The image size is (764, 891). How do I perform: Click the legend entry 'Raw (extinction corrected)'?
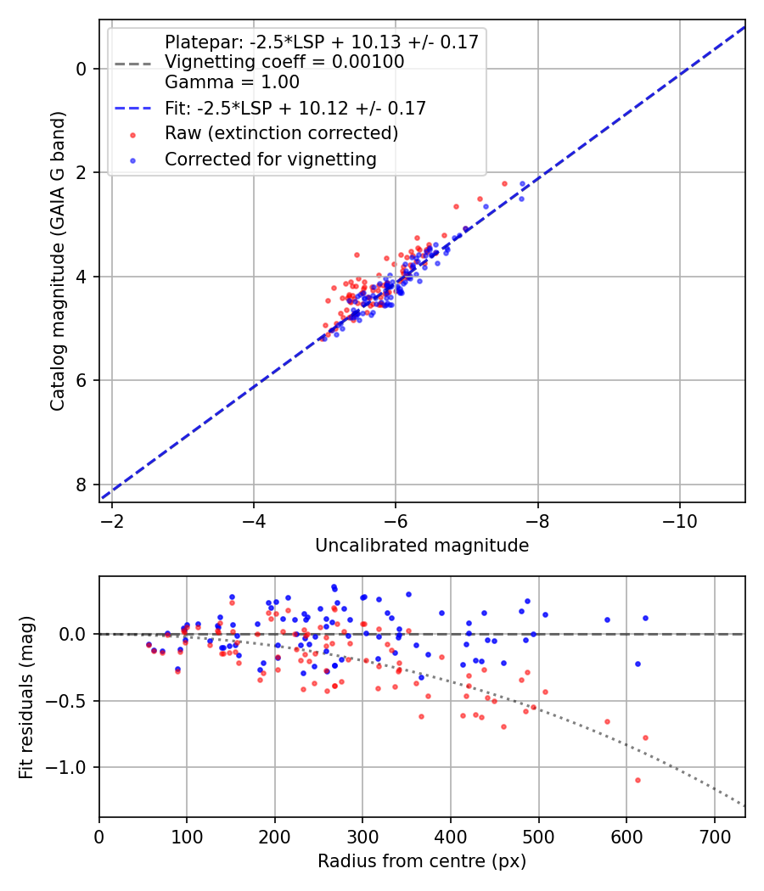point(281,133)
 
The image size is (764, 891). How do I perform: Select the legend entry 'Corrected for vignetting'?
point(271,159)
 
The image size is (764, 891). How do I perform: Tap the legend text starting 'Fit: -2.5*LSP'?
point(295,108)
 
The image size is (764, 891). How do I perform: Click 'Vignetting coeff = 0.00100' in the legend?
point(284,62)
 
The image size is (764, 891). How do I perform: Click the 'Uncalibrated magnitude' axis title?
point(422,546)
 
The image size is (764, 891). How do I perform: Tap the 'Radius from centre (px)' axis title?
point(422,861)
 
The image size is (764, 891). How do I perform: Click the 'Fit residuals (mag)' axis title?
point(26,697)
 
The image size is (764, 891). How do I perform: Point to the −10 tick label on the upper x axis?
point(679,520)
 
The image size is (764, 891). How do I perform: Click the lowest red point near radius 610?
point(638,780)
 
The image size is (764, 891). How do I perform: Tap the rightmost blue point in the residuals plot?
point(645,619)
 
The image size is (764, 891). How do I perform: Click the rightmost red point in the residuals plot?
point(645,737)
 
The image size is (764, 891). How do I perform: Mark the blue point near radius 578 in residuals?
point(607,619)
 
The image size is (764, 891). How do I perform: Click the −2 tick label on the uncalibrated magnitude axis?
point(112,520)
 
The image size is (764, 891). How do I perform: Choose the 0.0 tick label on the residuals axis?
point(76,634)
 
